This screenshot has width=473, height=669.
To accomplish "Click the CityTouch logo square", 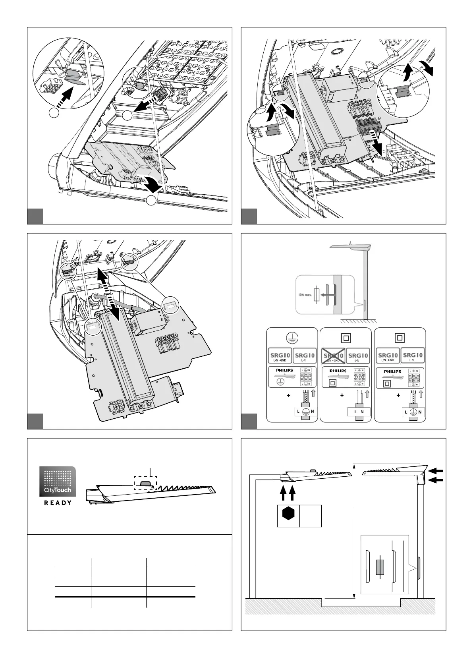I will coord(58,481).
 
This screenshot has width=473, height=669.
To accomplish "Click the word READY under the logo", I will coord(58,503).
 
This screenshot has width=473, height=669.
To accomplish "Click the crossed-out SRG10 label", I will coord(333,356).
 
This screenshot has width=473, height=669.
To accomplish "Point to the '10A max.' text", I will coord(305,295).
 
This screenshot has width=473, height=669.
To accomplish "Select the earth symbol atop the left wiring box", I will coord(292,337).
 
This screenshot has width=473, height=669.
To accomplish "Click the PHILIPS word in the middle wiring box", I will coord(338,371).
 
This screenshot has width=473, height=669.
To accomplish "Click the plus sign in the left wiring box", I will coord(289,396).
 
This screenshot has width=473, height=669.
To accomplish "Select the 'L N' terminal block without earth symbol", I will coord(359,412).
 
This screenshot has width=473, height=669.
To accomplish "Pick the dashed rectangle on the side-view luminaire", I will coord(145,483).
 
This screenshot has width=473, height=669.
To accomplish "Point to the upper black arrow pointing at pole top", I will coord(436,470).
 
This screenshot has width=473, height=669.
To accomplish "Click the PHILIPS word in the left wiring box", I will coord(284,370).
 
